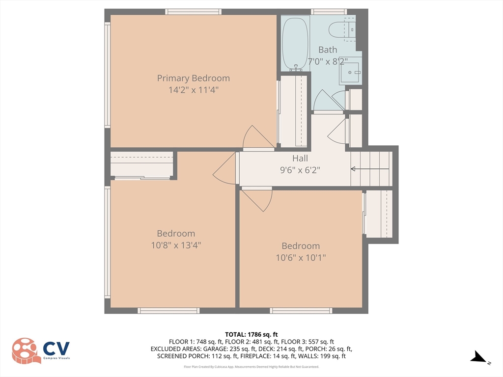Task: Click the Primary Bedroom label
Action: [x=193, y=78]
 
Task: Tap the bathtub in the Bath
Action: [x=295, y=44]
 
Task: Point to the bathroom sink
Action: [x=351, y=71]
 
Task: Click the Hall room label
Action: [x=300, y=158]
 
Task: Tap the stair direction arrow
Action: [x=370, y=169]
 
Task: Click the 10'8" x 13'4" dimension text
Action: [x=176, y=245]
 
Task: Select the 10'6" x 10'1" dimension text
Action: [x=301, y=257]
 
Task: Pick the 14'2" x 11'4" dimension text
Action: [x=194, y=90]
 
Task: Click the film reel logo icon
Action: [x=26, y=350]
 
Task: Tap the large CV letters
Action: [x=56, y=349]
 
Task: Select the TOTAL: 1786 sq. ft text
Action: [x=251, y=335]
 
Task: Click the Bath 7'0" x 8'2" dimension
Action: [x=328, y=61]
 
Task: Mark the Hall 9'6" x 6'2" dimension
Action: [x=300, y=170]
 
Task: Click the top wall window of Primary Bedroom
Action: [x=194, y=12]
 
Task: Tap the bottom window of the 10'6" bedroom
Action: [x=301, y=310]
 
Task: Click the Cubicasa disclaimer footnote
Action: [x=251, y=367]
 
